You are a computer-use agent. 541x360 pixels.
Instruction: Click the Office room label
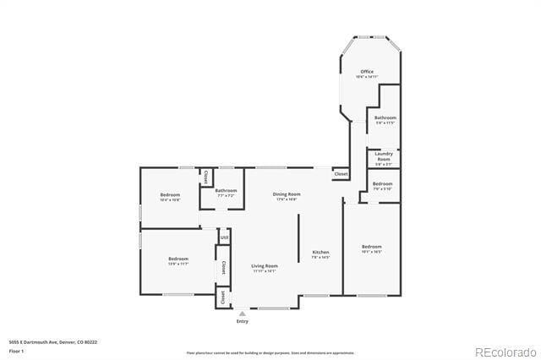click(367, 72)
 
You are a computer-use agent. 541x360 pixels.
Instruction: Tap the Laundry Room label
click(384, 155)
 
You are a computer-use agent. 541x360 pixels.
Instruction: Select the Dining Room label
click(287, 194)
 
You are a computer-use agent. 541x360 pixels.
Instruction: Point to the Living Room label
click(265, 266)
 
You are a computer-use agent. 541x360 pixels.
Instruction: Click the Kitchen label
click(321, 253)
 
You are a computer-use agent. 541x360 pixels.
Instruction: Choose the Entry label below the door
click(243, 321)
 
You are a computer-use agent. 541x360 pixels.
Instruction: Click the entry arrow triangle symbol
click(243, 313)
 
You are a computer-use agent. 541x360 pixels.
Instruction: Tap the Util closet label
click(224, 238)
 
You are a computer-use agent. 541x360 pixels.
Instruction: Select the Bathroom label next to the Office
click(385, 117)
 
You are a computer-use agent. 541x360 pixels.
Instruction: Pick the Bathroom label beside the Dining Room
click(226, 190)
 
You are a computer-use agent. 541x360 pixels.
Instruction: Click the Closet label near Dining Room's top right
click(341, 173)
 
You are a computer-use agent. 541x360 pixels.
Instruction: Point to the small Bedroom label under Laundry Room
click(383, 183)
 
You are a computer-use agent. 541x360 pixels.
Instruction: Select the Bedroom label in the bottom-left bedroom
click(178, 259)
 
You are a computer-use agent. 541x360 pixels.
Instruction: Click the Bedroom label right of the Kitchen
click(372, 248)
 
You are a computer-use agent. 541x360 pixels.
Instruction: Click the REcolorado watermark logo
click(505, 352)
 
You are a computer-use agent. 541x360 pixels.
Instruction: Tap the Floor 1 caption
click(17, 351)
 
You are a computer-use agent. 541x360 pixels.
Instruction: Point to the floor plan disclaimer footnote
click(270, 352)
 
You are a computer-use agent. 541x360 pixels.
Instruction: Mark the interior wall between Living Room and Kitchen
click(298, 238)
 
